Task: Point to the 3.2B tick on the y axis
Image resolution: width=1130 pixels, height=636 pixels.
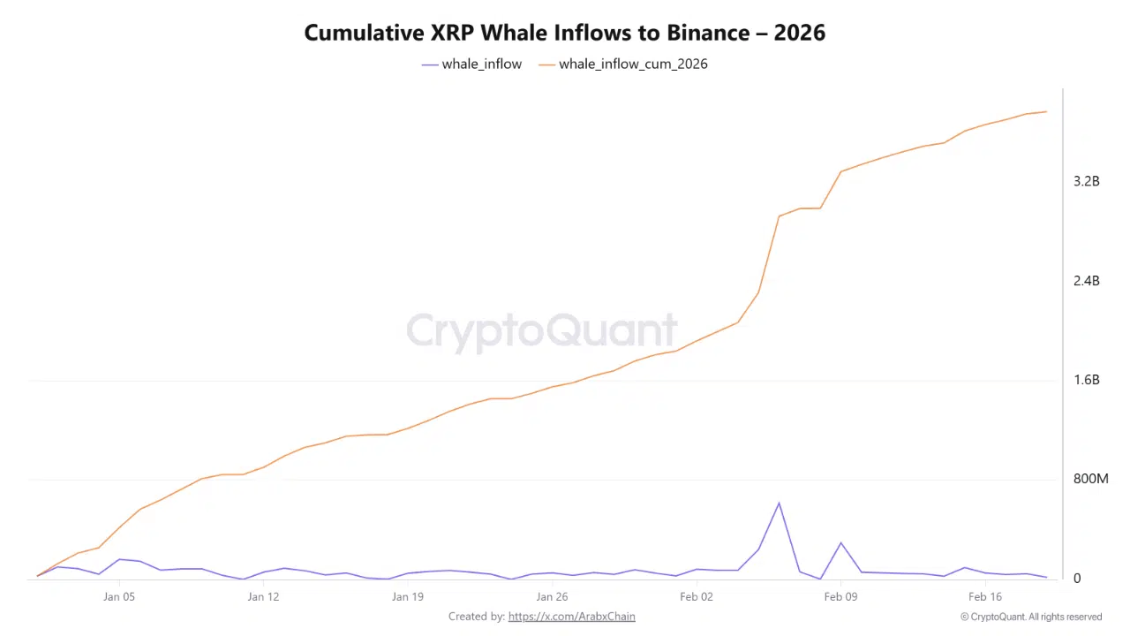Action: (1086, 181)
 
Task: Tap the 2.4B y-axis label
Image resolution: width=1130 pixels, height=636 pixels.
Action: (1086, 281)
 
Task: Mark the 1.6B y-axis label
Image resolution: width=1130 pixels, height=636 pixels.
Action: (1086, 380)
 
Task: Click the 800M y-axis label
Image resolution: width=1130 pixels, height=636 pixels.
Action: (1089, 479)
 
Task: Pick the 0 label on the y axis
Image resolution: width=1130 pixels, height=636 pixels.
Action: (1077, 579)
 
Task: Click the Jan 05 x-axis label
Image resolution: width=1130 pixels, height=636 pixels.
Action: (118, 597)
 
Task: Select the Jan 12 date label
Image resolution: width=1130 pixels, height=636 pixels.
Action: (263, 597)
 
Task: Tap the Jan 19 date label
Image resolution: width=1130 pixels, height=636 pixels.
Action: (407, 597)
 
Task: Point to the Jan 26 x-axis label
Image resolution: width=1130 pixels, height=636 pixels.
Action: (552, 597)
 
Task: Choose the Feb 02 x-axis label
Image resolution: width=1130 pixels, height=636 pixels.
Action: (696, 597)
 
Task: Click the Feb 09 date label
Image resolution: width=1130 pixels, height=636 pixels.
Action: (840, 597)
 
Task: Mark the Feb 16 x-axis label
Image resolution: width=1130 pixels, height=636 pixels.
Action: (984, 597)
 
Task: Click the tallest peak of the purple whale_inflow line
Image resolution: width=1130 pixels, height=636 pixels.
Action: (779, 503)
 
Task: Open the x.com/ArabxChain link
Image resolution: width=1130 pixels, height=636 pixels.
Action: (571, 617)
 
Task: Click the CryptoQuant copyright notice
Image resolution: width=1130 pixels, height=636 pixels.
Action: (1031, 617)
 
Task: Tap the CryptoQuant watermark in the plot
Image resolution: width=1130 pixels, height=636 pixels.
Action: (542, 331)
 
